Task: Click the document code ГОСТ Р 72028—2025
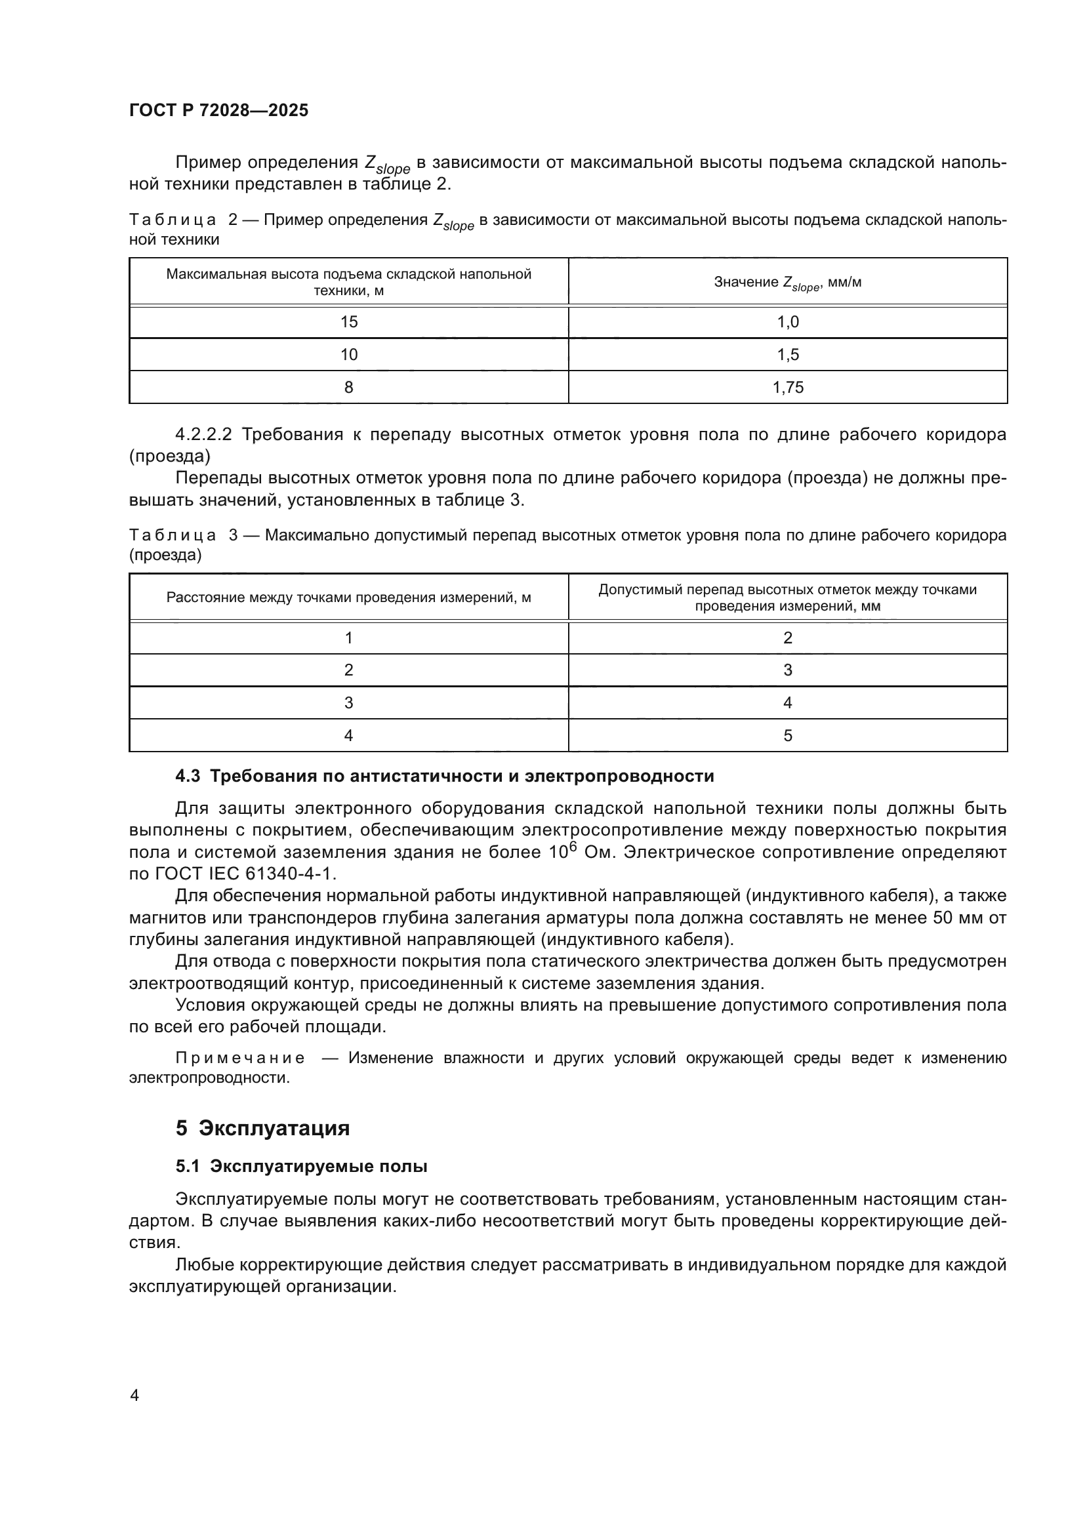point(218,111)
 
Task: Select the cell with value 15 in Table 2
point(349,322)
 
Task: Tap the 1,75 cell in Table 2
point(788,388)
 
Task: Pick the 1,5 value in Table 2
point(788,355)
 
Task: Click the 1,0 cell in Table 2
point(788,322)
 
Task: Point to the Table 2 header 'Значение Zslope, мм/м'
point(788,283)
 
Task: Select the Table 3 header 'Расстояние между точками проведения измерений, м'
point(349,597)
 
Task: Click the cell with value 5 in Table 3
point(788,736)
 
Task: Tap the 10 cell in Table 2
point(349,355)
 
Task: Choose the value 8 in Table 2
point(349,388)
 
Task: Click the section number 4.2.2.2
point(203,435)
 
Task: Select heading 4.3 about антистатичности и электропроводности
point(444,776)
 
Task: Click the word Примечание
point(240,1059)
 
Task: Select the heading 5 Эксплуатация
point(262,1128)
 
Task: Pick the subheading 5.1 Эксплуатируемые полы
point(301,1167)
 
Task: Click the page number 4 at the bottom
point(134,1395)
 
